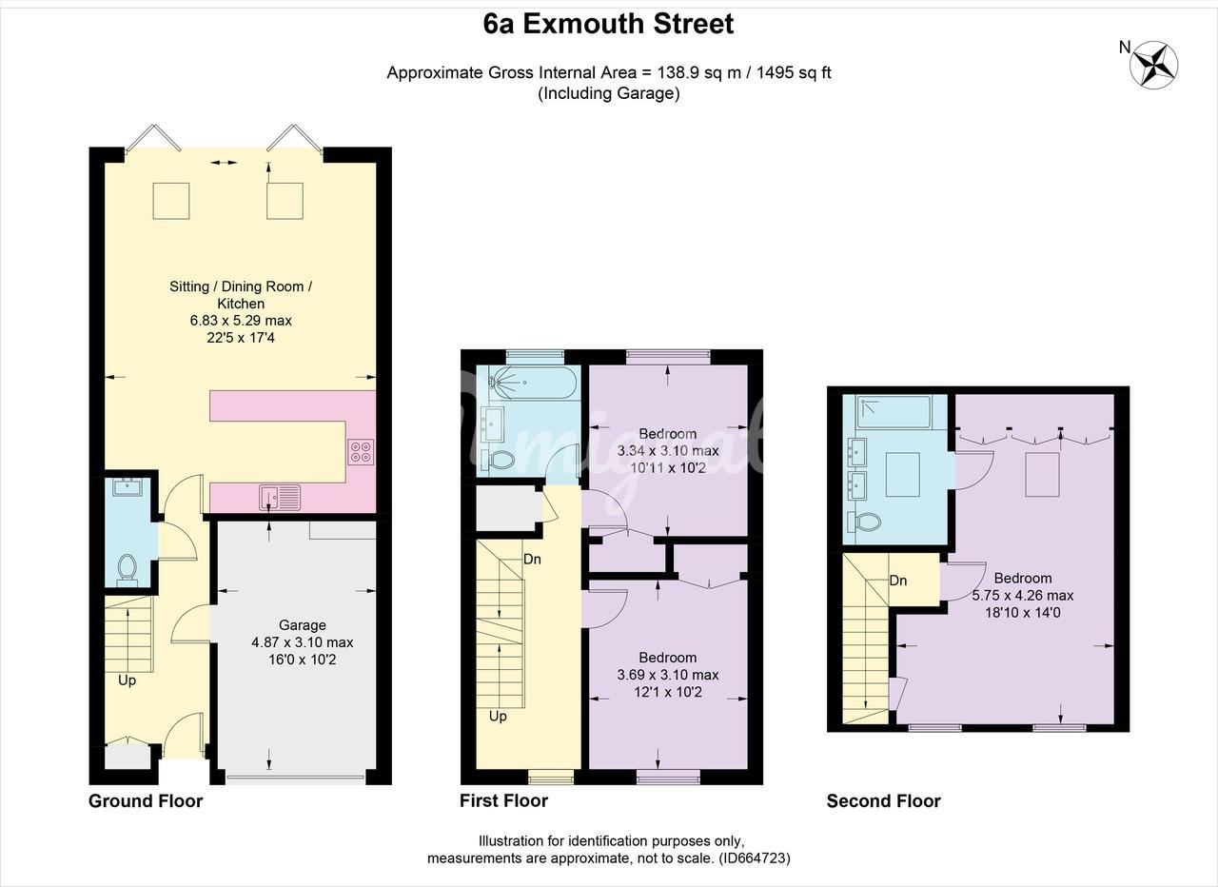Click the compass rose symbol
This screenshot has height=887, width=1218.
(x=1153, y=65)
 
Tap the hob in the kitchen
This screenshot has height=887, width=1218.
(x=362, y=451)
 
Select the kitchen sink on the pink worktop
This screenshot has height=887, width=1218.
(x=280, y=498)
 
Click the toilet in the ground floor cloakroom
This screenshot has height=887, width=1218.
(x=128, y=568)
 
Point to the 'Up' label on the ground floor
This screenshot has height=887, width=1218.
(x=128, y=680)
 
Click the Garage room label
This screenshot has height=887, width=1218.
(x=303, y=625)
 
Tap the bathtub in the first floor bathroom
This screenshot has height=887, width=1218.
(x=532, y=383)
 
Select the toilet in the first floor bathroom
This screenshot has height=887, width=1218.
(x=499, y=460)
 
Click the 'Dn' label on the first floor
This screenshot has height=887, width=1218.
(x=532, y=559)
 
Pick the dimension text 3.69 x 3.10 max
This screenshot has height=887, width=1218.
(x=668, y=675)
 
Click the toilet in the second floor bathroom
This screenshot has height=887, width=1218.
(x=865, y=522)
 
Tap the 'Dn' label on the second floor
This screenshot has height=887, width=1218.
(x=898, y=581)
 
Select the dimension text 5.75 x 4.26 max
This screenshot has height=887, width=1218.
(x=1023, y=596)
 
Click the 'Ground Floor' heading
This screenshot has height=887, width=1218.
(x=146, y=801)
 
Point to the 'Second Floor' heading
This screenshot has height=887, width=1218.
(x=884, y=801)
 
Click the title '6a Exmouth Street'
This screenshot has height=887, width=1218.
(x=608, y=24)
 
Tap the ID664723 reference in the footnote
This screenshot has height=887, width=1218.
(x=755, y=858)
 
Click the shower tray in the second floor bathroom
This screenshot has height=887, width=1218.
(x=894, y=412)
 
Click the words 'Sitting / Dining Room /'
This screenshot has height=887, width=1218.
(x=241, y=286)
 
